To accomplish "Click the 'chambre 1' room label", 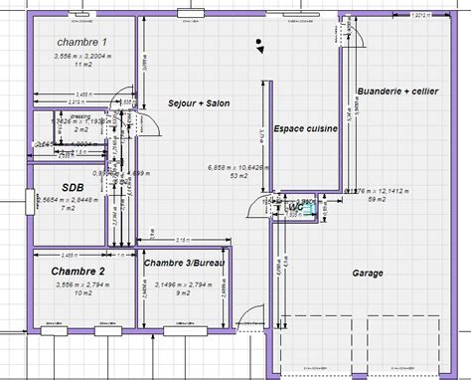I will (80, 42).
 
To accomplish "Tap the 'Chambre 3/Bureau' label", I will (184, 263).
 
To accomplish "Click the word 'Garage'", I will (370, 272).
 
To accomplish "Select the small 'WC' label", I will (295, 210).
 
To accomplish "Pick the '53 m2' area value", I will (237, 176).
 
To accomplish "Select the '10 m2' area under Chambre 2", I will (83, 293).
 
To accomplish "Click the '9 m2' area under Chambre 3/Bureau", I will (183, 292).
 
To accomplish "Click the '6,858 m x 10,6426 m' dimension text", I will (237, 166).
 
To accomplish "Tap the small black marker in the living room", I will (258, 44).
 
